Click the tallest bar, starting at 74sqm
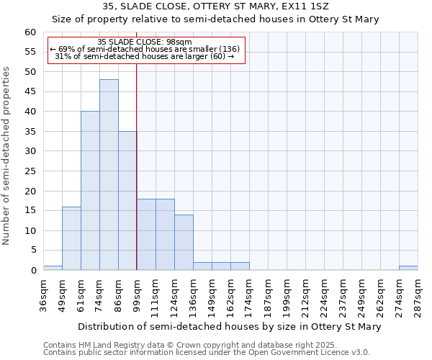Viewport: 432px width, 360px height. pos(109,175)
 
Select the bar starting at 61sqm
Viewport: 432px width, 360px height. pos(90,191)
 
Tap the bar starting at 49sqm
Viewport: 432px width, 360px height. pos(71,238)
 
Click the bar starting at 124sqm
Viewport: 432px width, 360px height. pos(184,243)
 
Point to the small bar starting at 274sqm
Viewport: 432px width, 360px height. pos(408,268)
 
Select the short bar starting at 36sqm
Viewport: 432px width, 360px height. pos(53,268)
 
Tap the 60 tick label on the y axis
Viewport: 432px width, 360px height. pos(30,32)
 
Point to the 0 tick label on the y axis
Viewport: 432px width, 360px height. pos(33,271)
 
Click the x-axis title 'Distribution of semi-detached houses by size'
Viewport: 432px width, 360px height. pos(229,326)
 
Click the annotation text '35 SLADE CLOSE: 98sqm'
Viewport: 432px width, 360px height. pos(145,42)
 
